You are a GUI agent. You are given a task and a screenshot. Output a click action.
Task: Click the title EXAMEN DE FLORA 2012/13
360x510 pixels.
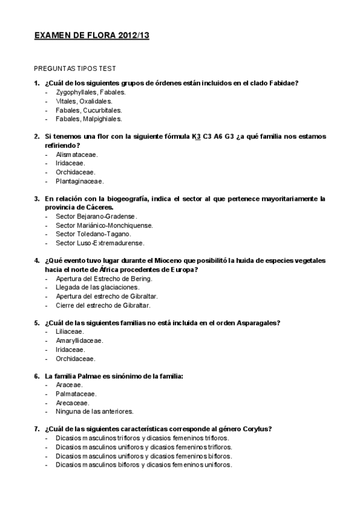[92, 36]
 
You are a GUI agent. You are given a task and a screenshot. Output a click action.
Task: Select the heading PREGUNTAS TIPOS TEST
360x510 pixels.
[75, 69]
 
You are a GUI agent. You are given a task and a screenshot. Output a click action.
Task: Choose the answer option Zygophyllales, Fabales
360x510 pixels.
[90, 93]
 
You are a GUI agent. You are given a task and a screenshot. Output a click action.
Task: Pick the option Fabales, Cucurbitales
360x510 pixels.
[88, 110]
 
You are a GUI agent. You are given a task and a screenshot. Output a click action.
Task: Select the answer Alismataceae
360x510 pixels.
[77, 155]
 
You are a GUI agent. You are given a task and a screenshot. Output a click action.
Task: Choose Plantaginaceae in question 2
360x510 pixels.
[79, 181]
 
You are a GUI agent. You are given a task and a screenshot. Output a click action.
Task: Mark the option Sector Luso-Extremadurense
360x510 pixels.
[100, 243]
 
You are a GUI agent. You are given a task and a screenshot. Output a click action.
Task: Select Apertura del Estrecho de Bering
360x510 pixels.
[104, 278]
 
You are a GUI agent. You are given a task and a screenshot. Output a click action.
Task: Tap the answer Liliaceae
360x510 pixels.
[70, 331]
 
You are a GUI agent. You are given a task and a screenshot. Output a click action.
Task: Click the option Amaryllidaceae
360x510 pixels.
[79, 340]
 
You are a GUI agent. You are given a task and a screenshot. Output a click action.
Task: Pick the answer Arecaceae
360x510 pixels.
[73, 402]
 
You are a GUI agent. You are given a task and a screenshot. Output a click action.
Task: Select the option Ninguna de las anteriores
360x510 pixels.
[94, 411]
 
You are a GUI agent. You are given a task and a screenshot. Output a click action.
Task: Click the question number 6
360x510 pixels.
[37, 376]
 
